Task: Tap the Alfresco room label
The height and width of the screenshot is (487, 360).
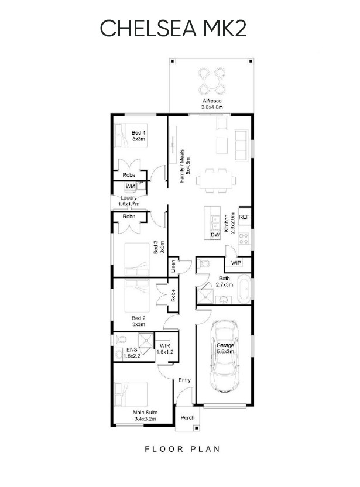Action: pos(212,104)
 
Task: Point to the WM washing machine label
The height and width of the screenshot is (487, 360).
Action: pos(130,187)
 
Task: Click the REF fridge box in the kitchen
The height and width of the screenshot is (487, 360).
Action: pos(245,217)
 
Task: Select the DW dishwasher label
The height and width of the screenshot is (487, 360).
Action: pos(215,235)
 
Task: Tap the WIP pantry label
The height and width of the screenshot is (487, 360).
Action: pos(236,263)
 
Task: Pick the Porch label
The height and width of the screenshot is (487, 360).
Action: pos(187,417)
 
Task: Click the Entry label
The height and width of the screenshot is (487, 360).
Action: pos(184,380)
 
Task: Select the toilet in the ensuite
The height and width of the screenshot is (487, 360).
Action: pos(119,341)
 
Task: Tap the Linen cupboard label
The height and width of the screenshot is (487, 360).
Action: pos(174,266)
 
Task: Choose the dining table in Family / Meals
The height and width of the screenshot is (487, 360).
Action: pos(214,180)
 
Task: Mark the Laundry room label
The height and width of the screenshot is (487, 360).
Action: pos(128,201)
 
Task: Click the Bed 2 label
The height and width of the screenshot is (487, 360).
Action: pos(138,321)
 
